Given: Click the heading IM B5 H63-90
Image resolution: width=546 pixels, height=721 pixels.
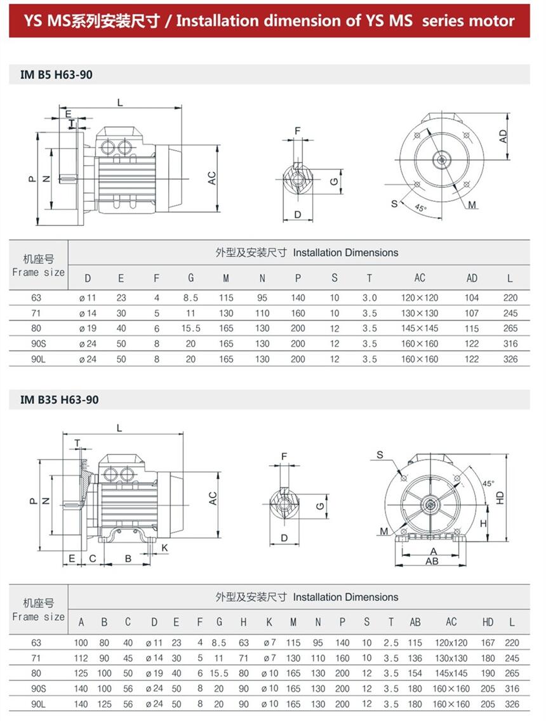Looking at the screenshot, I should tap(57, 75).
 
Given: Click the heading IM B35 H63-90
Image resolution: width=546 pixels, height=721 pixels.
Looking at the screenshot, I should tap(59, 400).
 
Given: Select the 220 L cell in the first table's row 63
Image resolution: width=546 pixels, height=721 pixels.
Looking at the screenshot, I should tap(511, 298).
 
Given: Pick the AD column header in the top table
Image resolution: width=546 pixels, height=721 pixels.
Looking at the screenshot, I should tap(472, 278).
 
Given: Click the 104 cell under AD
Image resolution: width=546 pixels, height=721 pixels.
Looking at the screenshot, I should tap(472, 298).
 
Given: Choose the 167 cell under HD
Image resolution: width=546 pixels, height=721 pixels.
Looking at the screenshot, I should tap(488, 643).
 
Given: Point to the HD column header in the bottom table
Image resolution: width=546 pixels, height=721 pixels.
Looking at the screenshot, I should tap(488, 623).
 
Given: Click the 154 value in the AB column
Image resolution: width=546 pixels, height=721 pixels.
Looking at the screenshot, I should tap(415, 673).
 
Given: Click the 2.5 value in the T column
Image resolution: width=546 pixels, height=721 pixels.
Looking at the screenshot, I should tap(391, 643).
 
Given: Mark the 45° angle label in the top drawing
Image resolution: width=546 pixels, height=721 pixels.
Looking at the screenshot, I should tap(420, 208).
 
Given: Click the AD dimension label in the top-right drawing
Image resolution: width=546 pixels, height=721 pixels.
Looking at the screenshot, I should tap(503, 136).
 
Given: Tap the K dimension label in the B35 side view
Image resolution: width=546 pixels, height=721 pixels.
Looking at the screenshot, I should tap(164, 547).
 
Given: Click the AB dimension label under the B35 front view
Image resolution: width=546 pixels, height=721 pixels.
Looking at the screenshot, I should tap(432, 561).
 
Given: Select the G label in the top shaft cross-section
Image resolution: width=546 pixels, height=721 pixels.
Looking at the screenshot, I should tap(333, 181).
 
